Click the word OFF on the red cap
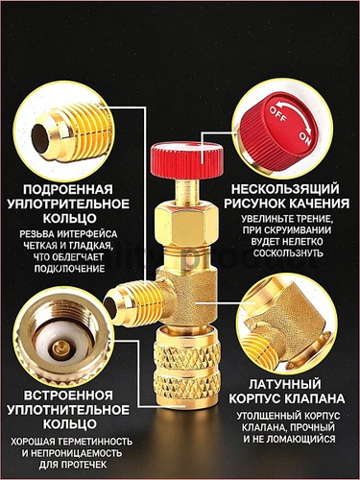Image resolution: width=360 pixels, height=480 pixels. (277, 114)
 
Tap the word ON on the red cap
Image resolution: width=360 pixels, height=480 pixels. (304, 138)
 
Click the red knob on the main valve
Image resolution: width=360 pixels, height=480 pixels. (187, 155)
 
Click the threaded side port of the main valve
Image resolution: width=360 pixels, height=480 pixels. (133, 303)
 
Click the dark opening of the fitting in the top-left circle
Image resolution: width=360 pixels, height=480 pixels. (39, 136)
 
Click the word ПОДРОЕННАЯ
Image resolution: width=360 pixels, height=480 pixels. (68, 189)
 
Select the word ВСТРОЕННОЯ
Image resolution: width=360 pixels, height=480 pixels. (68, 395)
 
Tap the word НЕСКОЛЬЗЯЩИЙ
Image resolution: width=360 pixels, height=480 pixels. (285, 189)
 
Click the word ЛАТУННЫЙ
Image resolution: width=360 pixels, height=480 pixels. (284, 384)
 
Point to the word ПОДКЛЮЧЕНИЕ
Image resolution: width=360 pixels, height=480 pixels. (69, 268)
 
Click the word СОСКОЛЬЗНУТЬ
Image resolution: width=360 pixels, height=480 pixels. (288, 253)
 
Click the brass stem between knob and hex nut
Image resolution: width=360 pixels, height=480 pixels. (187, 189)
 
